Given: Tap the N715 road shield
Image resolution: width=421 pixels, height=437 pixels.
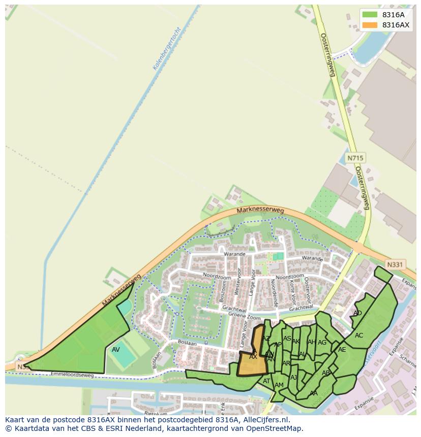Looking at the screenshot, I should coord(355,158).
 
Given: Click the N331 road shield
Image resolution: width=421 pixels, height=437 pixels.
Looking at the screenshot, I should coord(395,264).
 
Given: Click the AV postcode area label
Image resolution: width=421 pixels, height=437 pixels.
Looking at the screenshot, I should coord(116,350).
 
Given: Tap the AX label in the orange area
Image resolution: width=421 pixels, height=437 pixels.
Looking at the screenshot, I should coord(253,357).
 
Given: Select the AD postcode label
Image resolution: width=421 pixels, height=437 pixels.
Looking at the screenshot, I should coord(357,313).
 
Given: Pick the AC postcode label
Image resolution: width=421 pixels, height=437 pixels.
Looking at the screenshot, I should coord(359,335).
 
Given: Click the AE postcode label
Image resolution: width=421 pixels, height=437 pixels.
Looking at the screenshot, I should coord(342,349).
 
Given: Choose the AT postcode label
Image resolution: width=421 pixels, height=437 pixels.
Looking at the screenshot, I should coord(266,381).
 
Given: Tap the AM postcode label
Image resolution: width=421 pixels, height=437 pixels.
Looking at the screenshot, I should coord(279,385).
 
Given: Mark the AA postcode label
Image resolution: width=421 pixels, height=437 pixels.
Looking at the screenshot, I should coord(313,393).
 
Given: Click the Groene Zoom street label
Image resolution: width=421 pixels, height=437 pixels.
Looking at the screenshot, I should coord(244,315).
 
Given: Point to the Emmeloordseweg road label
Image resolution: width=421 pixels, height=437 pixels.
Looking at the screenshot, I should coord(73,375).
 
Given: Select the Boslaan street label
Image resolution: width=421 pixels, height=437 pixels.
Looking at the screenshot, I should coord(188,344).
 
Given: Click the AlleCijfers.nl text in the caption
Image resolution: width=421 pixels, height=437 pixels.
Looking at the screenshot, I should coord(266,420).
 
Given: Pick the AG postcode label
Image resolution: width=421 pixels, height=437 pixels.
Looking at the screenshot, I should coord(322,343).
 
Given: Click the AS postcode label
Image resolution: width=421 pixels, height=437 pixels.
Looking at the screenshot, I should coord(287,339).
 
